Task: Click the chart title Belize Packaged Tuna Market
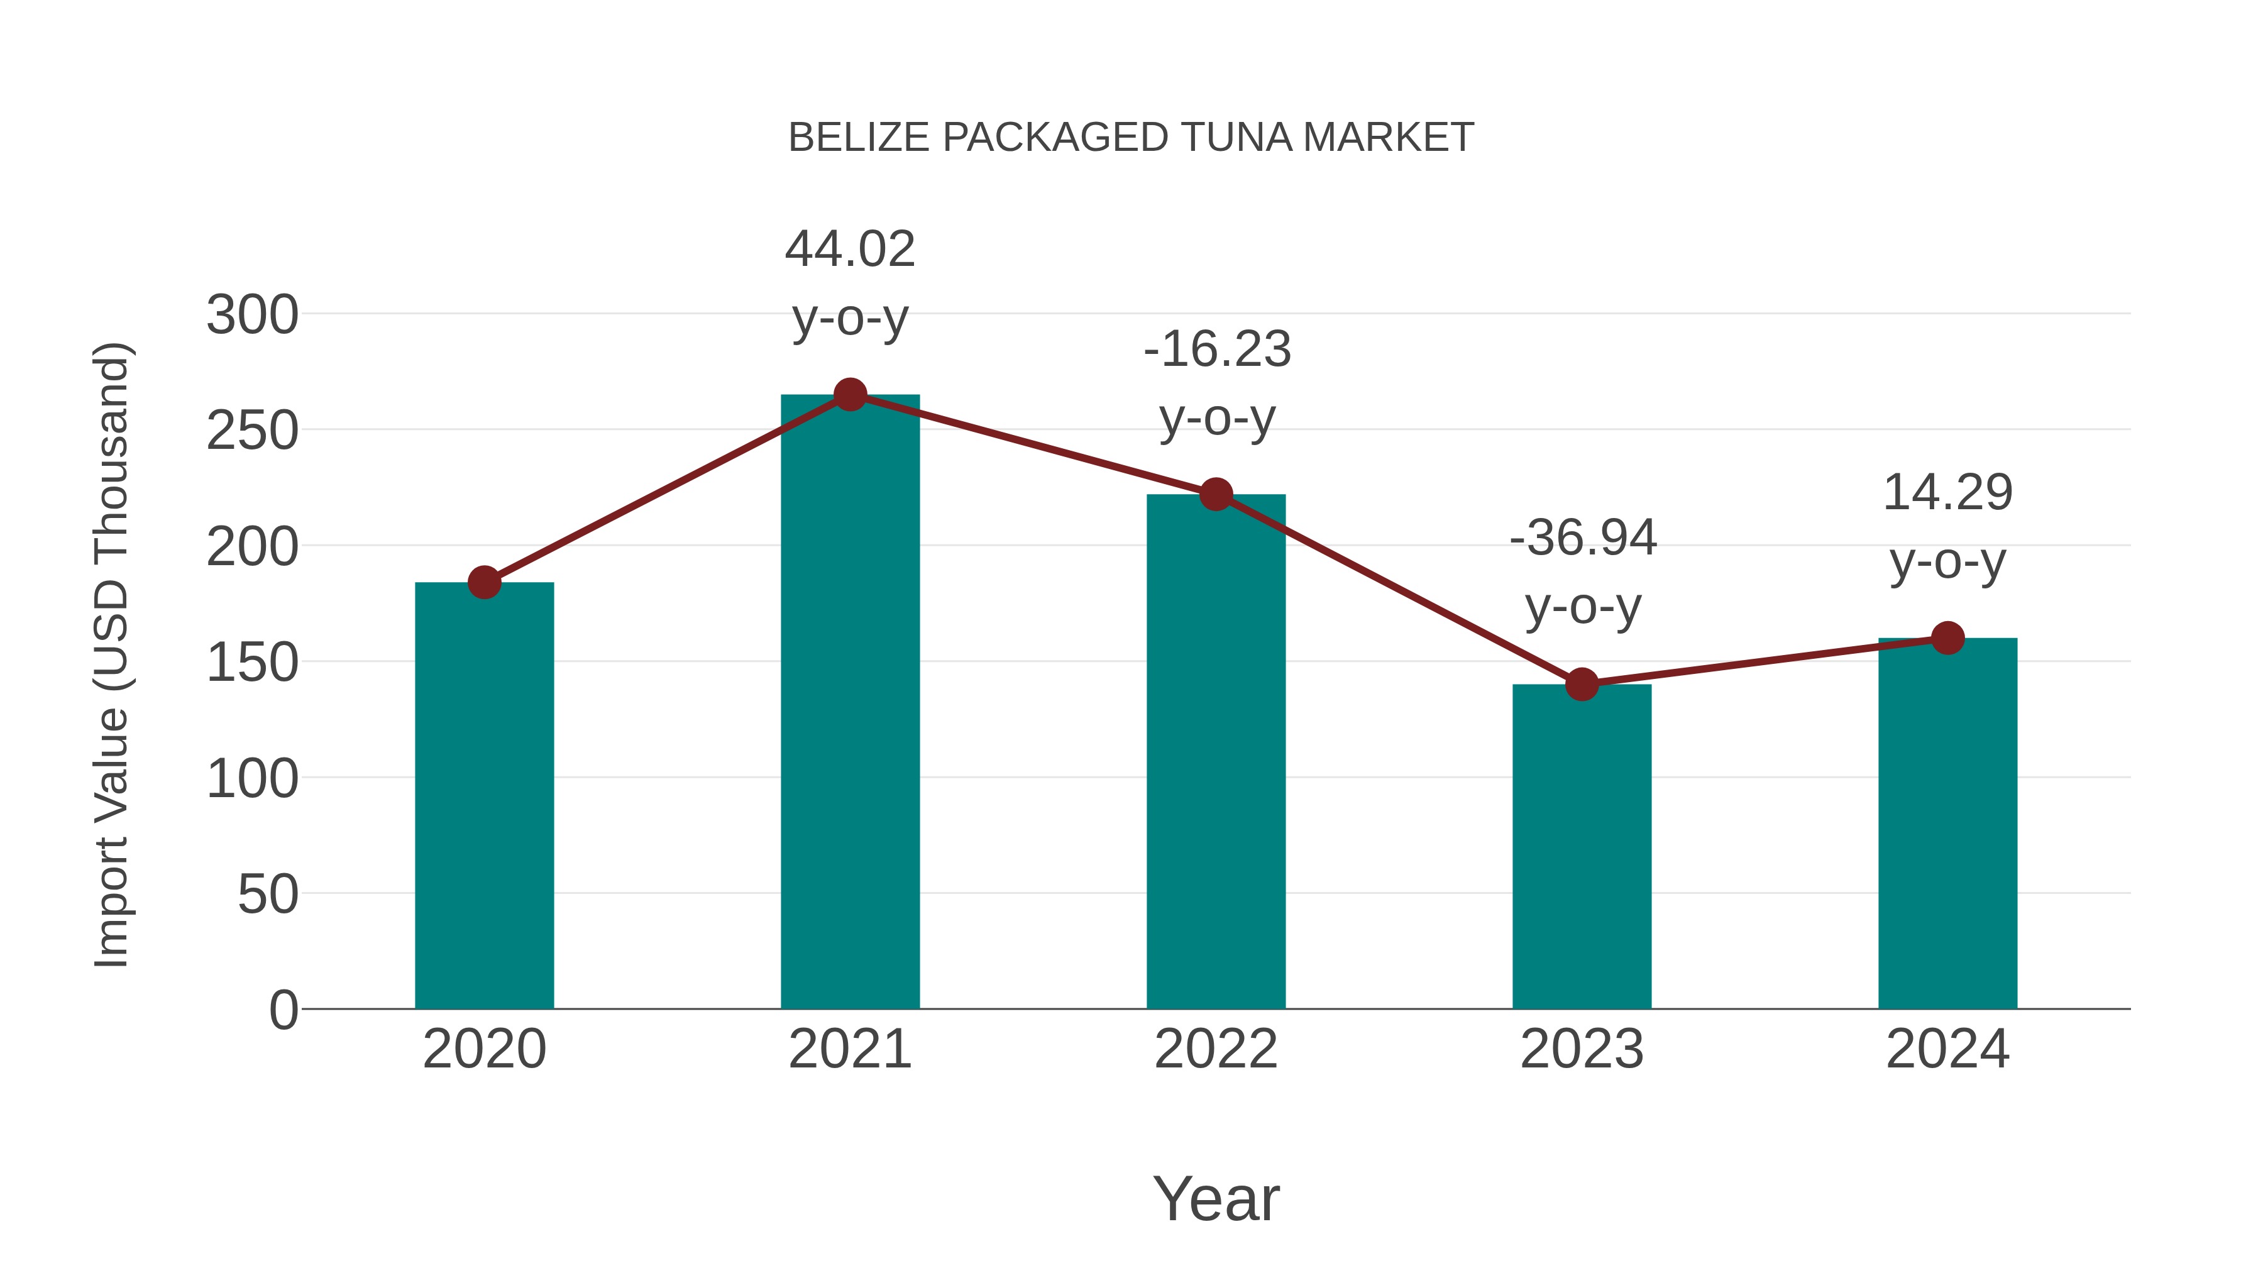[1131, 138]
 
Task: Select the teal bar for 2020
[484, 795]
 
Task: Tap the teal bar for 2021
[849, 703]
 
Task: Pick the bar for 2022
[1216, 751]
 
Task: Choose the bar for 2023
[1582, 846]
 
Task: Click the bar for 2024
[1947, 823]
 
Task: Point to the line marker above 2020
[484, 581]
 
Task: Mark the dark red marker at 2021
[849, 395]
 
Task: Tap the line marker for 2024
[1947, 638]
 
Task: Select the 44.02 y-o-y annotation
[849, 283]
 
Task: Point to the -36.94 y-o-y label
[1582, 572]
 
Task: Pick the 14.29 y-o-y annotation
[1947, 526]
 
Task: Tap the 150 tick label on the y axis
[252, 663]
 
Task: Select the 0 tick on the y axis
[283, 1010]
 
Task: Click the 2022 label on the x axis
[1216, 1049]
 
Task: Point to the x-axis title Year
[1216, 1198]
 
